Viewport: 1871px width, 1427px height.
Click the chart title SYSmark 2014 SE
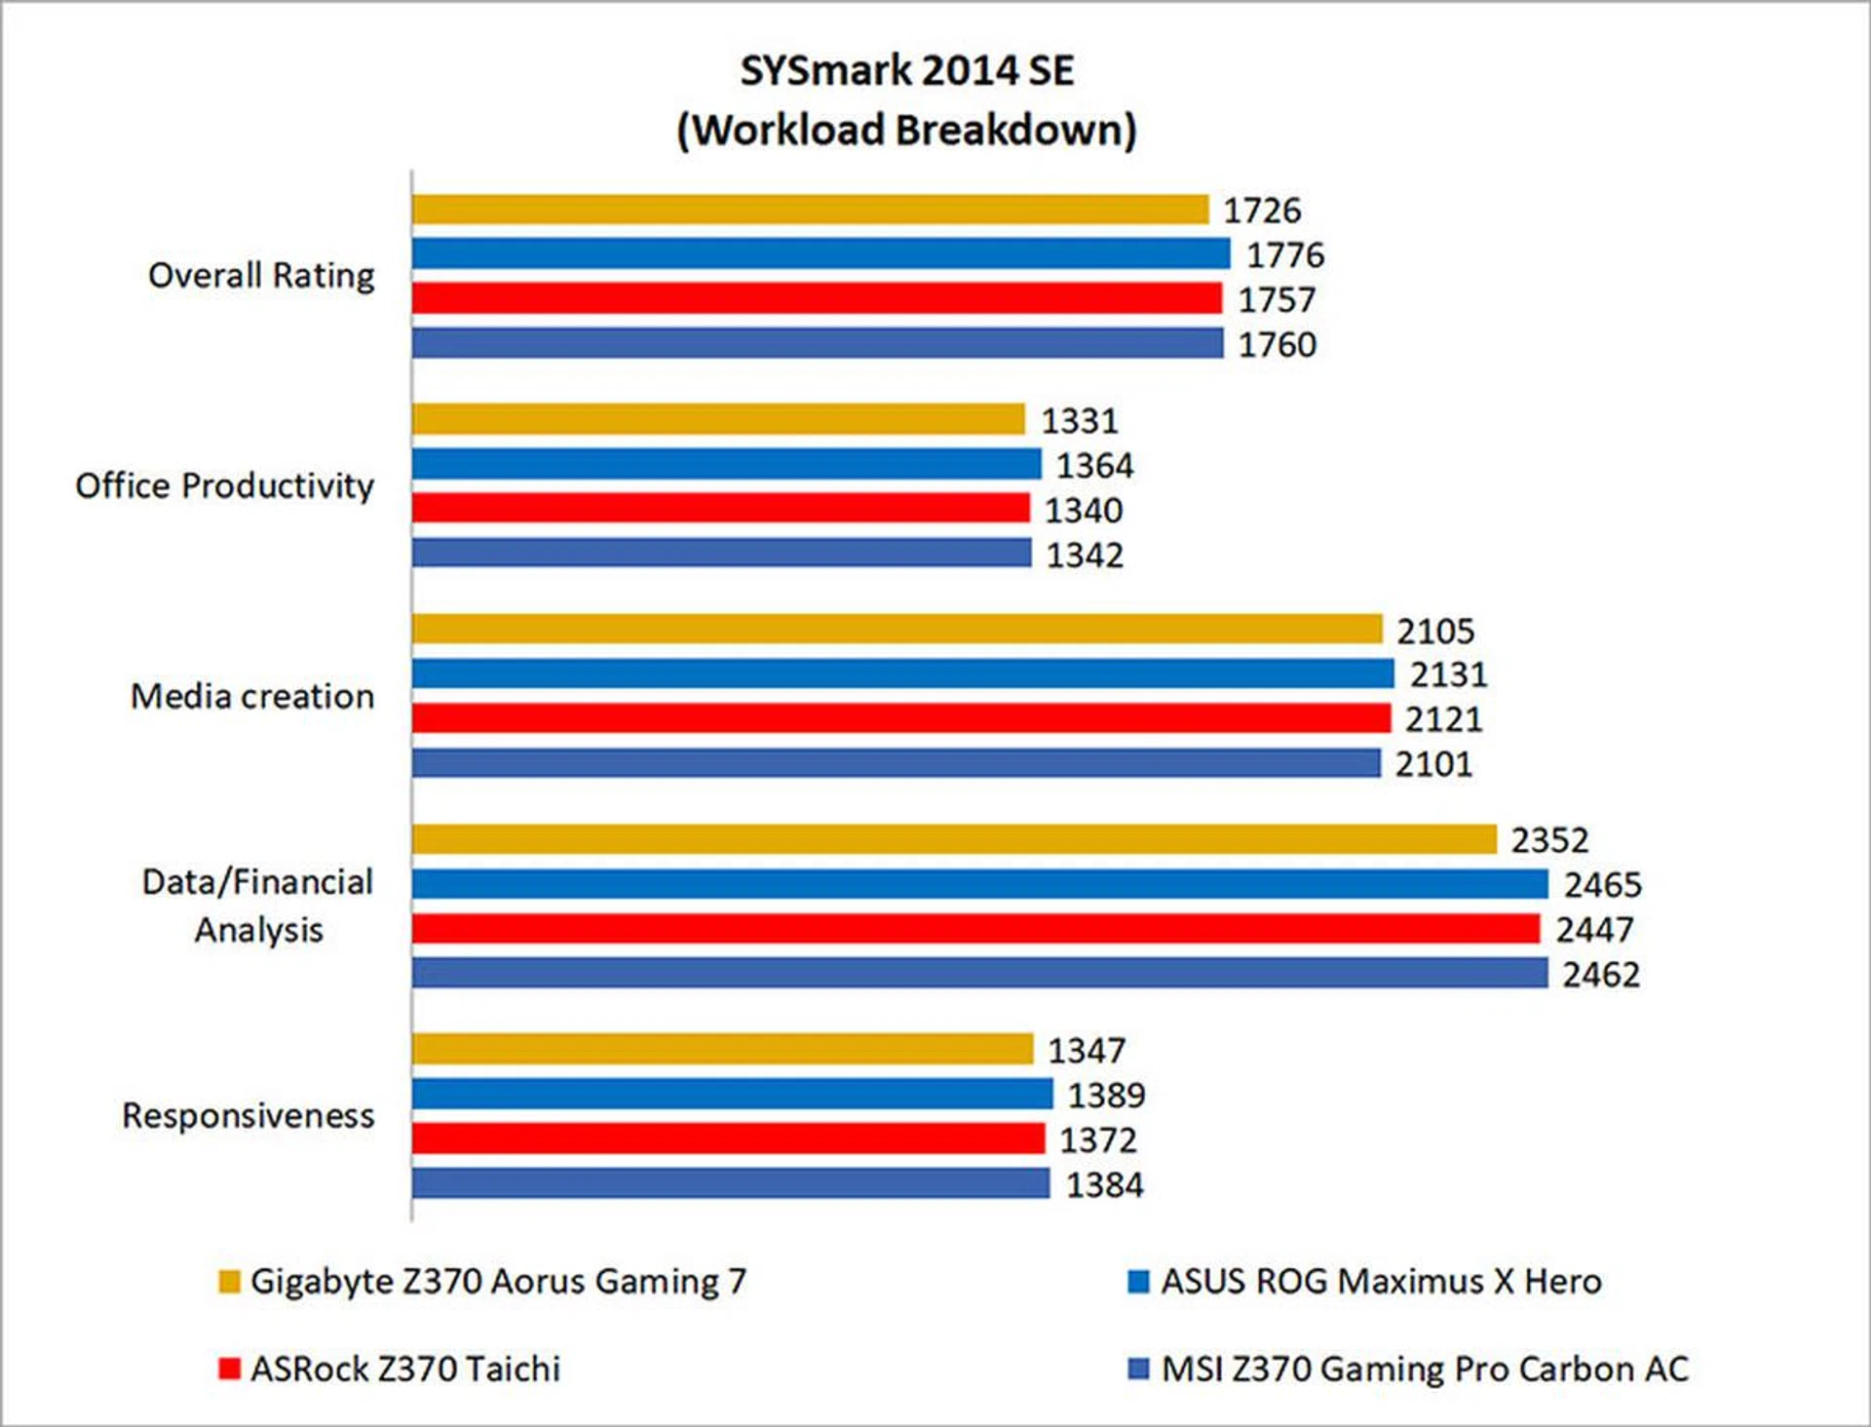coord(906,71)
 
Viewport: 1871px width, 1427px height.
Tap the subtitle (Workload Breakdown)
coord(906,131)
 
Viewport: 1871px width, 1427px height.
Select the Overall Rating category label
coord(261,276)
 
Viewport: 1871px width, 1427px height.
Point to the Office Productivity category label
coord(224,485)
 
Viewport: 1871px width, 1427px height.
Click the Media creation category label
coord(252,696)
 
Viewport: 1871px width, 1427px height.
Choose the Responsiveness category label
coord(248,1115)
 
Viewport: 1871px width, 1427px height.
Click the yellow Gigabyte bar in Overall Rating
coord(809,210)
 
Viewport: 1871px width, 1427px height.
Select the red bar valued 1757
coord(816,298)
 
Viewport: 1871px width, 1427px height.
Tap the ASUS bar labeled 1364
coord(726,464)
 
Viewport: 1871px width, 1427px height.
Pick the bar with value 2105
coord(897,629)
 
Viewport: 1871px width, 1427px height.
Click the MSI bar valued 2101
coord(896,763)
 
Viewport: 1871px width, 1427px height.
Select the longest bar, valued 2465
coord(979,884)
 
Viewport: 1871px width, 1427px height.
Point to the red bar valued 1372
coord(728,1138)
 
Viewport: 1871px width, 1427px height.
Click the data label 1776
coord(1285,255)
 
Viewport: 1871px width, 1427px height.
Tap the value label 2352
coord(1549,840)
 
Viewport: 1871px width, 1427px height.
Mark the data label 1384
coord(1104,1185)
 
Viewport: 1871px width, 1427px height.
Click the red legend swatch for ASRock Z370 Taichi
coord(229,1369)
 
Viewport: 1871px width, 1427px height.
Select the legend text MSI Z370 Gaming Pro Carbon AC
coord(1425,1369)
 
